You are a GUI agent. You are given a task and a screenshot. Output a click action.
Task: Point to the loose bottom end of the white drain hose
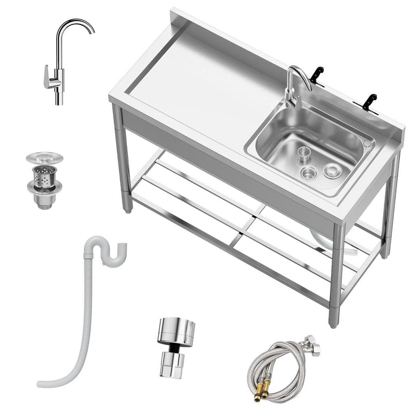(41, 384)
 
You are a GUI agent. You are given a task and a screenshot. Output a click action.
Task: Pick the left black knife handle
(317, 74)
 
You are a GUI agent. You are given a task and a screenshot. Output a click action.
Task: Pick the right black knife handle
(369, 100)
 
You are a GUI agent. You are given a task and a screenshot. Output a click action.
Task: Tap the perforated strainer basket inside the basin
(305, 154)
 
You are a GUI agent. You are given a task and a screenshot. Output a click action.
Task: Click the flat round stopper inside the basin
(332, 170)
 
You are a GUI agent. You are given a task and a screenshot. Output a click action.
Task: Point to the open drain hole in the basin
(308, 173)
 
